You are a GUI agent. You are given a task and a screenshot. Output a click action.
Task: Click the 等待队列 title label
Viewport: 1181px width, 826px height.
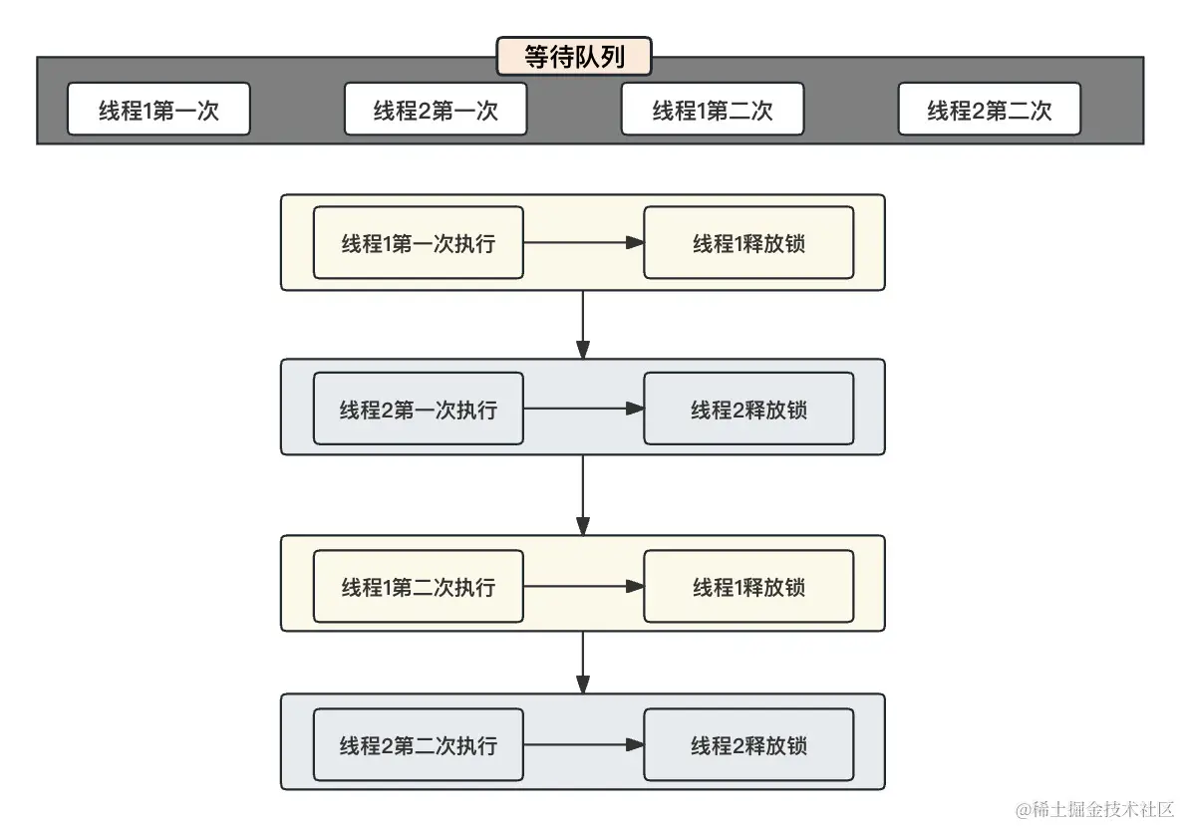(x=574, y=57)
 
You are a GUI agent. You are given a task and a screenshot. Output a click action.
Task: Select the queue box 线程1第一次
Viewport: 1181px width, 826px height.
(x=158, y=110)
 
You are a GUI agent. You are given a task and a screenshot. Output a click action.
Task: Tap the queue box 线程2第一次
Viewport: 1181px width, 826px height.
(x=436, y=110)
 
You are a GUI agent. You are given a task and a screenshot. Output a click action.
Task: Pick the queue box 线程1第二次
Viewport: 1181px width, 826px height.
(x=712, y=110)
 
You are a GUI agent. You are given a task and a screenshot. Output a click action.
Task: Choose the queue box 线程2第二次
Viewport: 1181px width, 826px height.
(x=989, y=110)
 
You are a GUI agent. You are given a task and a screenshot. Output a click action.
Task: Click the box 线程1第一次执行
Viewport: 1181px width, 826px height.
(x=418, y=243)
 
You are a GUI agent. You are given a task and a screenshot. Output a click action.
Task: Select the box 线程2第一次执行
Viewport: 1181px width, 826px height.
(x=418, y=409)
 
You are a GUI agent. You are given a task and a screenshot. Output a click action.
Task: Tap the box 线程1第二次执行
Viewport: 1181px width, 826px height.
(x=418, y=587)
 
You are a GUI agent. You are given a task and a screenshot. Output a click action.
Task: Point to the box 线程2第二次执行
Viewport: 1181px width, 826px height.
(x=418, y=745)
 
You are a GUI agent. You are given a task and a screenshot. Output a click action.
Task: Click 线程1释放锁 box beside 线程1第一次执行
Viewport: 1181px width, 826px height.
(x=748, y=243)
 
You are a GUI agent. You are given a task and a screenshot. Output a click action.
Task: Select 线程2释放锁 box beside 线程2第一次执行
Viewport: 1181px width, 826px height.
(x=748, y=409)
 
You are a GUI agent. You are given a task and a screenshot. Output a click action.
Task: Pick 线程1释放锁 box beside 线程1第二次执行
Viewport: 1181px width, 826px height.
(x=748, y=587)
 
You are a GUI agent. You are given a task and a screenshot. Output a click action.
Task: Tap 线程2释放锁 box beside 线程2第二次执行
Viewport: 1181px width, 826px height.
(x=748, y=745)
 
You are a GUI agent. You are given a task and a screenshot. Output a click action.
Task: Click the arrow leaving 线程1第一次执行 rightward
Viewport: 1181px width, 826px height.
(x=583, y=243)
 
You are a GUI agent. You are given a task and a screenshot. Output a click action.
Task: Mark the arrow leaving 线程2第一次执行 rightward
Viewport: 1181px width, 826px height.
(x=583, y=409)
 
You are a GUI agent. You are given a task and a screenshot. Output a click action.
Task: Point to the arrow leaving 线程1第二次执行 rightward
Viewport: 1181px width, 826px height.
(x=583, y=587)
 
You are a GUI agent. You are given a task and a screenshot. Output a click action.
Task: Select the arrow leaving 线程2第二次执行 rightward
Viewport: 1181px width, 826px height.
(x=583, y=745)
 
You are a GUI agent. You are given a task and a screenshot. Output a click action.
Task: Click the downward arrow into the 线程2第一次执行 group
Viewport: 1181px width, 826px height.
(x=583, y=325)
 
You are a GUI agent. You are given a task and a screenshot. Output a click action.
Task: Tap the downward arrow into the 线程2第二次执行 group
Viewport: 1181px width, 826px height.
(x=583, y=663)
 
